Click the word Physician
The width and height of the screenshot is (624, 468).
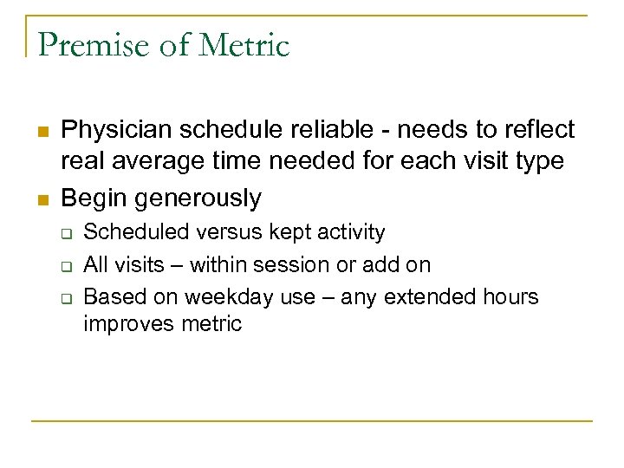(x=117, y=130)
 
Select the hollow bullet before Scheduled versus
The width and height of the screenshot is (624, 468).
(x=64, y=234)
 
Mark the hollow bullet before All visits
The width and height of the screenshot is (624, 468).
(x=64, y=266)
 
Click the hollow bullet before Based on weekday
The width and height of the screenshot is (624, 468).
(x=64, y=299)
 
